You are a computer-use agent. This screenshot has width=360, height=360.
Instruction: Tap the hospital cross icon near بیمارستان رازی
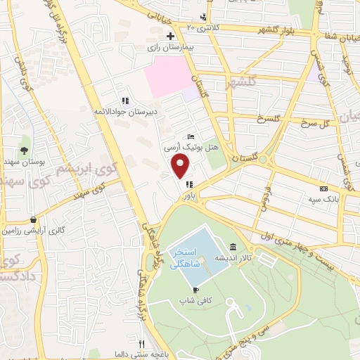click(x=169, y=35)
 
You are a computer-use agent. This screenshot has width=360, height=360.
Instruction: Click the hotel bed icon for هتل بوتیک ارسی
click(x=191, y=136)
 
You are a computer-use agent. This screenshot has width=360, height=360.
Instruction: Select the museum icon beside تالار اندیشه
click(x=233, y=247)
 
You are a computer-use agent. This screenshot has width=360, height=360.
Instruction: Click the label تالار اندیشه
click(x=233, y=257)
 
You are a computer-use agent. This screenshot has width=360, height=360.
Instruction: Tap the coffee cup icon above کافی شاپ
click(x=195, y=289)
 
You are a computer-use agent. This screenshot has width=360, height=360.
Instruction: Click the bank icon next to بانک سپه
click(x=323, y=188)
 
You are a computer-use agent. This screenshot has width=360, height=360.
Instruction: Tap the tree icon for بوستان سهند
click(x=25, y=150)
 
